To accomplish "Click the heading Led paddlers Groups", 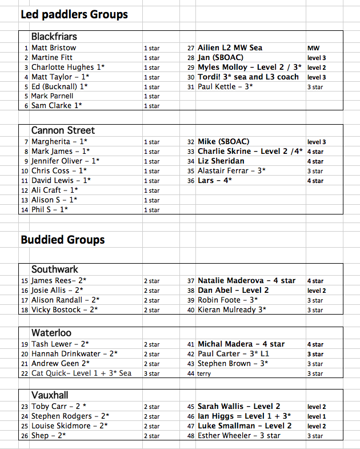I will click(74, 14).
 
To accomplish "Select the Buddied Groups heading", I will click(63, 239).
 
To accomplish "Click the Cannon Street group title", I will click(63, 130).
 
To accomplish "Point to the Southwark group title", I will click(55, 269).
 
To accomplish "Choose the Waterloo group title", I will click(51, 333).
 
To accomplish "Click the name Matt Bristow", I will click(54, 47).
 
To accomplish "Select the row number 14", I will click(25, 210).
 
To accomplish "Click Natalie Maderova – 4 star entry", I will click(247, 281).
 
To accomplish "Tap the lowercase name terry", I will click(204, 373).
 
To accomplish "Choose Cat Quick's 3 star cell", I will click(151, 373).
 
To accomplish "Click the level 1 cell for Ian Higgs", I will click(317, 416).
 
